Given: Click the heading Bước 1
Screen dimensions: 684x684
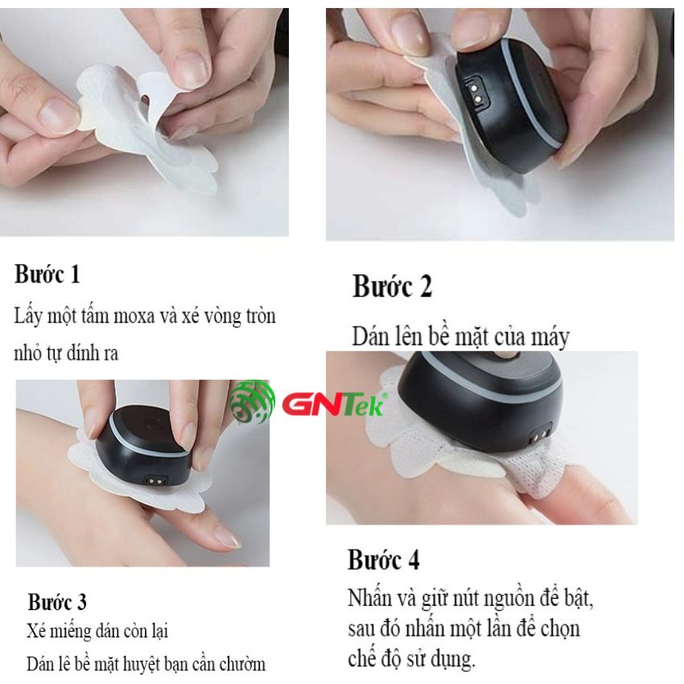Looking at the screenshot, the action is pos(47,274).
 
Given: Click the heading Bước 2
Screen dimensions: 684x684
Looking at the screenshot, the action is pos(392,286).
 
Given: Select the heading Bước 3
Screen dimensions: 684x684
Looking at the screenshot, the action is pos(57,602).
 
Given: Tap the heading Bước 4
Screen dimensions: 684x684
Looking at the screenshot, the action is pos(383,560).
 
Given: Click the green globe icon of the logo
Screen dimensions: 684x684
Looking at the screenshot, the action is pos(252,402).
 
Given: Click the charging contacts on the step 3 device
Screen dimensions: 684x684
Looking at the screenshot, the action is pos(157,480).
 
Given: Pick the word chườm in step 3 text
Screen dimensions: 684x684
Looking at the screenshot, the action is pos(242,664).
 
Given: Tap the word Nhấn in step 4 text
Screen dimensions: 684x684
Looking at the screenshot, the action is pos(369,597).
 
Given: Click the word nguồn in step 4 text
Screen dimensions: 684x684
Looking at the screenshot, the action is pos(505,599).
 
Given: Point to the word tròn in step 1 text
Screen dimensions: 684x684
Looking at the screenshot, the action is pos(261,315).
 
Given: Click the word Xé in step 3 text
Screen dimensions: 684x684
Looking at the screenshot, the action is pos(35,631).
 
